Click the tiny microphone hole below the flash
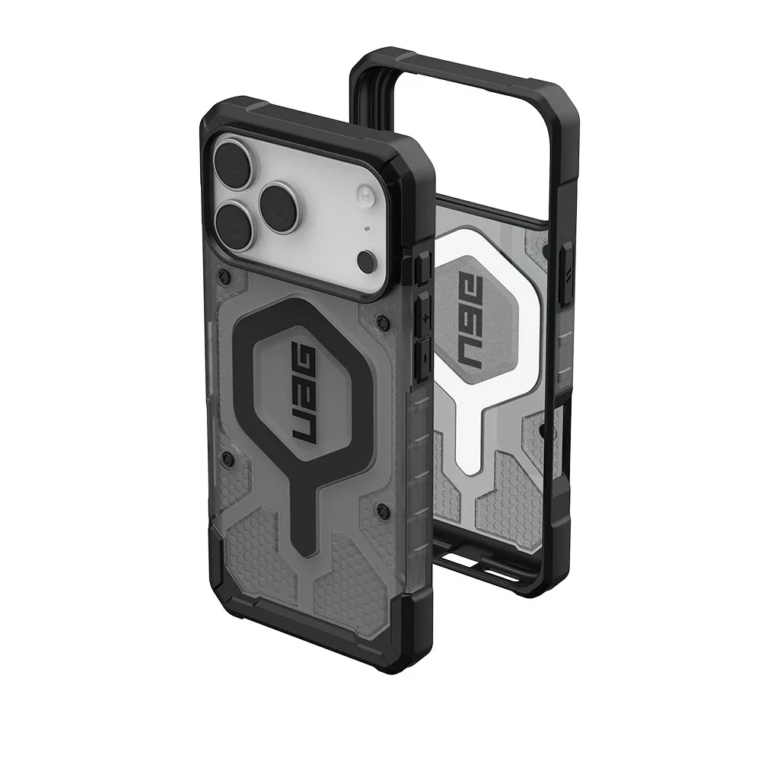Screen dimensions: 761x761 tap(368, 228)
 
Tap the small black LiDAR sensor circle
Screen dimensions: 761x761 tap(367, 263)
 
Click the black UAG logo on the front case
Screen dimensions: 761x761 tap(304, 394)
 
